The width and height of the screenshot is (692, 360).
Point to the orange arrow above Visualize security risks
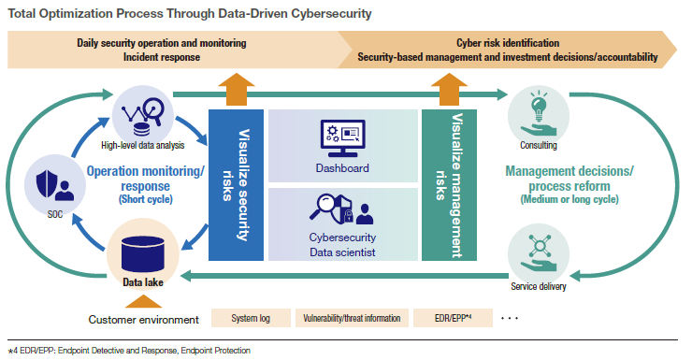click(237, 91)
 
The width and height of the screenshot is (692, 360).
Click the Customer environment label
click(144, 321)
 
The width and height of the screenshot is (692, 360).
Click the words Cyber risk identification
click(508, 43)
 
